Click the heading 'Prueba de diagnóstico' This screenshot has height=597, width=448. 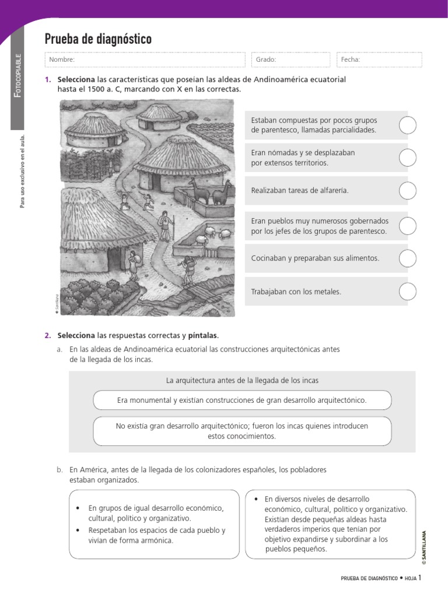pyautogui.click(x=98, y=39)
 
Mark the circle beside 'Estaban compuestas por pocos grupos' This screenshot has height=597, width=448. pyautogui.click(x=408, y=125)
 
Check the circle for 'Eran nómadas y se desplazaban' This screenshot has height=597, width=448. pyautogui.click(x=408, y=157)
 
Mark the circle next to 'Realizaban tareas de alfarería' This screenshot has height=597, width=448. pyautogui.click(x=408, y=190)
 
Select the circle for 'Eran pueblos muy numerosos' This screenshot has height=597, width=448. pyautogui.click(x=408, y=226)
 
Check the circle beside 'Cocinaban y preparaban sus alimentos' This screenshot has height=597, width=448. pyautogui.click(x=408, y=258)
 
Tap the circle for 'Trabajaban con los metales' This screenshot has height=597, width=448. pyautogui.click(x=408, y=291)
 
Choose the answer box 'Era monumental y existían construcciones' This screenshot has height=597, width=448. pyautogui.click(x=242, y=401)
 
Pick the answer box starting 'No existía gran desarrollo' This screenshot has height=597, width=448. pyautogui.click(x=242, y=431)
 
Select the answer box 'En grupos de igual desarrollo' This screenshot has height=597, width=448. pyautogui.click(x=154, y=524)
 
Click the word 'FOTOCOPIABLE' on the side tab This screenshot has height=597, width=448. pyautogui.click(x=19, y=76)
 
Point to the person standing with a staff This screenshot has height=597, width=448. pyautogui.click(x=165, y=224)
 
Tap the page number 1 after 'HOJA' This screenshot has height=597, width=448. pyautogui.click(x=419, y=578)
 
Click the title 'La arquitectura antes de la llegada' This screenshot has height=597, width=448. pyautogui.click(x=242, y=380)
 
